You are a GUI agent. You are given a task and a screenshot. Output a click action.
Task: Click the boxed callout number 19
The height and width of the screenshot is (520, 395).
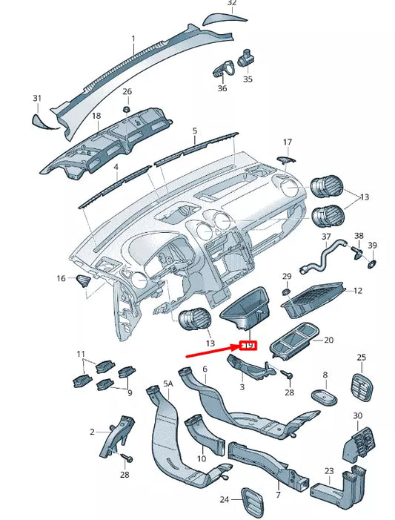(248, 346)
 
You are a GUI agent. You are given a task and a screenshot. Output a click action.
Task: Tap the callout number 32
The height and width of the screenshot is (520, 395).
(232, 4)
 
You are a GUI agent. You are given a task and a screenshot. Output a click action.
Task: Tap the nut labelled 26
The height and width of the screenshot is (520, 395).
(127, 109)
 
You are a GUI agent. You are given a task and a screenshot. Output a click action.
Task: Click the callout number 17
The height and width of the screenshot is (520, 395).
(288, 142)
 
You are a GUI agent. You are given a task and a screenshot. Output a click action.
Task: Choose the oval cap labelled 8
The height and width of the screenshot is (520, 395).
(324, 397)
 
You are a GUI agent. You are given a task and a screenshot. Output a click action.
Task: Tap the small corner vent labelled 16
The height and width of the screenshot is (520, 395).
(84, 280)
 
